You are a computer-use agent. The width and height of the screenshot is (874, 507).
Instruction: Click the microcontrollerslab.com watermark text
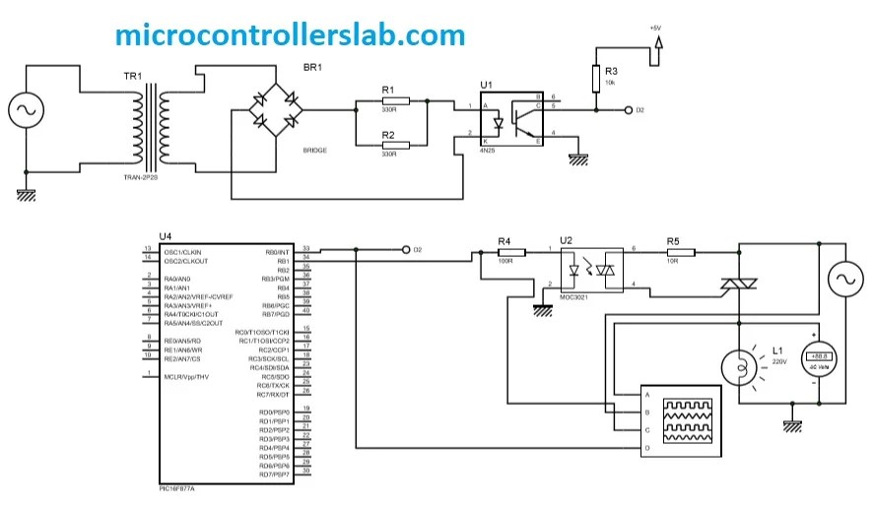tap(289, 34)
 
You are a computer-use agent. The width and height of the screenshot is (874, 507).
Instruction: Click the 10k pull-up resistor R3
tap(596, 79)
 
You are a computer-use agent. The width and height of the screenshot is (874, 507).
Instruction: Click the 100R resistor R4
tap(504, 252)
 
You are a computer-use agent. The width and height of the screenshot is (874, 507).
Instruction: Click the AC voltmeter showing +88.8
tap(818, 361)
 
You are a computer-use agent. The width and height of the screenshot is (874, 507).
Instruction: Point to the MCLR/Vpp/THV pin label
tap(186, 377)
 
